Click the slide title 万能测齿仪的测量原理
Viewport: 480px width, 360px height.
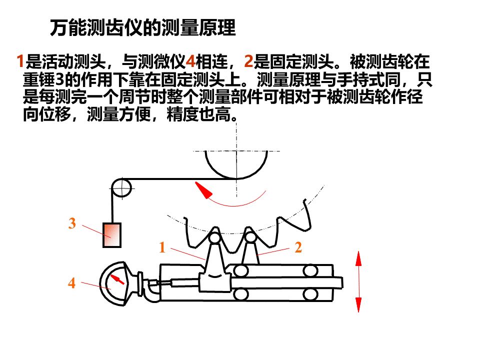coord(142,28)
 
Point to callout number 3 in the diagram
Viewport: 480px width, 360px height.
coord(72,224)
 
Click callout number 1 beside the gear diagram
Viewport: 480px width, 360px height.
coord(162,247)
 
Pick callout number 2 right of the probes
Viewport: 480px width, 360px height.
coord(298,247)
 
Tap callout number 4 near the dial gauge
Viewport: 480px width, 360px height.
coord(72,283)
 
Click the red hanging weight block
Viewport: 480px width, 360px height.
coord(112,235)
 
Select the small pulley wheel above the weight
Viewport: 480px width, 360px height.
coord(120,188)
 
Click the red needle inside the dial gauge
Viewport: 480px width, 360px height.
coord(116,278)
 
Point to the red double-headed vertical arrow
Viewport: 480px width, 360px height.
coord(358,282)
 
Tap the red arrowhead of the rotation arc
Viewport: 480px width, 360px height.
coord(202,190)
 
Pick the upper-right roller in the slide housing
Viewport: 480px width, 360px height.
coord(310,271)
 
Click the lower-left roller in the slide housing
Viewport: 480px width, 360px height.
coord(241,293)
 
